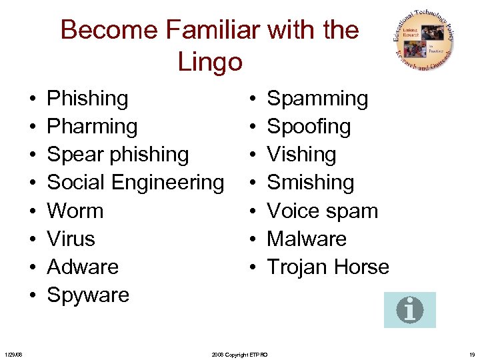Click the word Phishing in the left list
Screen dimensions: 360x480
point(87,99)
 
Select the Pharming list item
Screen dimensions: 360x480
point(92,127)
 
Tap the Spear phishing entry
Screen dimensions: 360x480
point(118,155)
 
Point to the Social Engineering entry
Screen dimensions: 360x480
point(135,183)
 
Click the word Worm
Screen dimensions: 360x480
point(75,211)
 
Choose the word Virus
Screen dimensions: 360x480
point(71,239)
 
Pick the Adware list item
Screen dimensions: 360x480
point(83,267)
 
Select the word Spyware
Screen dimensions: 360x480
point(88,295)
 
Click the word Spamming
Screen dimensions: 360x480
point(317,99)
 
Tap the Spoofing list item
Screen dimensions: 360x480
point(309,127)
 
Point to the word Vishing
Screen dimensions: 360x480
point(301,155)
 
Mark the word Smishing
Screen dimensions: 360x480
point(310,183)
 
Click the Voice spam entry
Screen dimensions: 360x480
point(323,211)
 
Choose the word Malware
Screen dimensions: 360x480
point(307,239)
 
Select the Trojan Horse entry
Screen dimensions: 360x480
point(328,267)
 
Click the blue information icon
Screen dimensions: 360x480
point(410,310)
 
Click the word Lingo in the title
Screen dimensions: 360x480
point(209,62)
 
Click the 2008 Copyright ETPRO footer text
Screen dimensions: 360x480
point(239,355)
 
